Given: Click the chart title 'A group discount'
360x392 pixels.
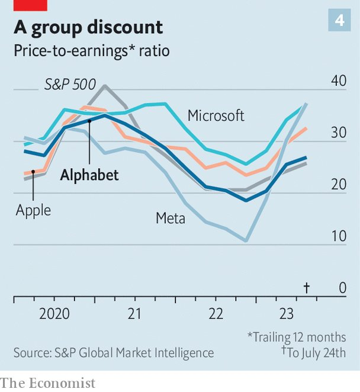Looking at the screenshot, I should click(89, 27).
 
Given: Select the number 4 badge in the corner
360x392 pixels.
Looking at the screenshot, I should click(339, 21).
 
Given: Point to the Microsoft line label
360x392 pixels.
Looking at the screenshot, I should click(216, 115).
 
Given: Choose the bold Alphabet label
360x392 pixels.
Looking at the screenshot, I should click(89, 175).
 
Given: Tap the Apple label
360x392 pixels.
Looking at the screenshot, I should click(33, 210).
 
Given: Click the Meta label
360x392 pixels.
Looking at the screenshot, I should click(171, 218).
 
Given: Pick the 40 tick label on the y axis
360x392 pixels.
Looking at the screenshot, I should click(339, 81).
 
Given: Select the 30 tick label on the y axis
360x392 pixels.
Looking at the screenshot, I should click(339, 133).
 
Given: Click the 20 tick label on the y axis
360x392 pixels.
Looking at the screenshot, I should click(339, 184).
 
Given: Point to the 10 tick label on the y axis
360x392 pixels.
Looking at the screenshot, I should click(339, 236).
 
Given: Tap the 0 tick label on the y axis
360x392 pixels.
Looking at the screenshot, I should click(342, 288).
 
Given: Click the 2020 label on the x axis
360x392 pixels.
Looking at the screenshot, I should click(54, 313).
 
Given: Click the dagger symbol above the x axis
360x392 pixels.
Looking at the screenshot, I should click(307, 288).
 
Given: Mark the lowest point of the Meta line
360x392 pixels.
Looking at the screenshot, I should click(246, 241).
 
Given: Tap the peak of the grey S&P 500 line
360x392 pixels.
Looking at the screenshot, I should click(105, 86).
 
